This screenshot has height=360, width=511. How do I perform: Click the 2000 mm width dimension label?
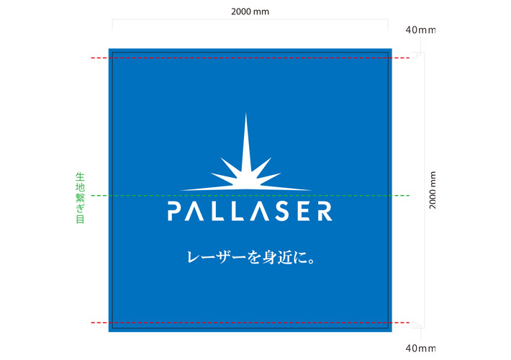[x=250, y=12]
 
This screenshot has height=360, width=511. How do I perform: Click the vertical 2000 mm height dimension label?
[x=432, y=190]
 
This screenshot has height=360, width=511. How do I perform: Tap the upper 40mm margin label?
[x=420, y=30]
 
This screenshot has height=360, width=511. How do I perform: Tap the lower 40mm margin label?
[x=420, y=348]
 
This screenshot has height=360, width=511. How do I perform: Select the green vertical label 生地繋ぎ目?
[x=80, y=198]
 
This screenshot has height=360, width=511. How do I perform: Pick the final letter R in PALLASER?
[x=325, y=211]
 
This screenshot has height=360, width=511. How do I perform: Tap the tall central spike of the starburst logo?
[x=245, y=143]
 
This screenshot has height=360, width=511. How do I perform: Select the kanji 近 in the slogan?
[x=285, y=258]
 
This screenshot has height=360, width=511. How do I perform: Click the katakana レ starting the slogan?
[x=194, y=258]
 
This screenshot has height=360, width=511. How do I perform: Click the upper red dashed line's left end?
[x=91, y=58]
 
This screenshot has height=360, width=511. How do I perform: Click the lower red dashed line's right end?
[x=410, y=323]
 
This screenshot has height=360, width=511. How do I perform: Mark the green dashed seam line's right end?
[x=410, y=196]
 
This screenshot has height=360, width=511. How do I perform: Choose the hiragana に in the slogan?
[x=300, y=258]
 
